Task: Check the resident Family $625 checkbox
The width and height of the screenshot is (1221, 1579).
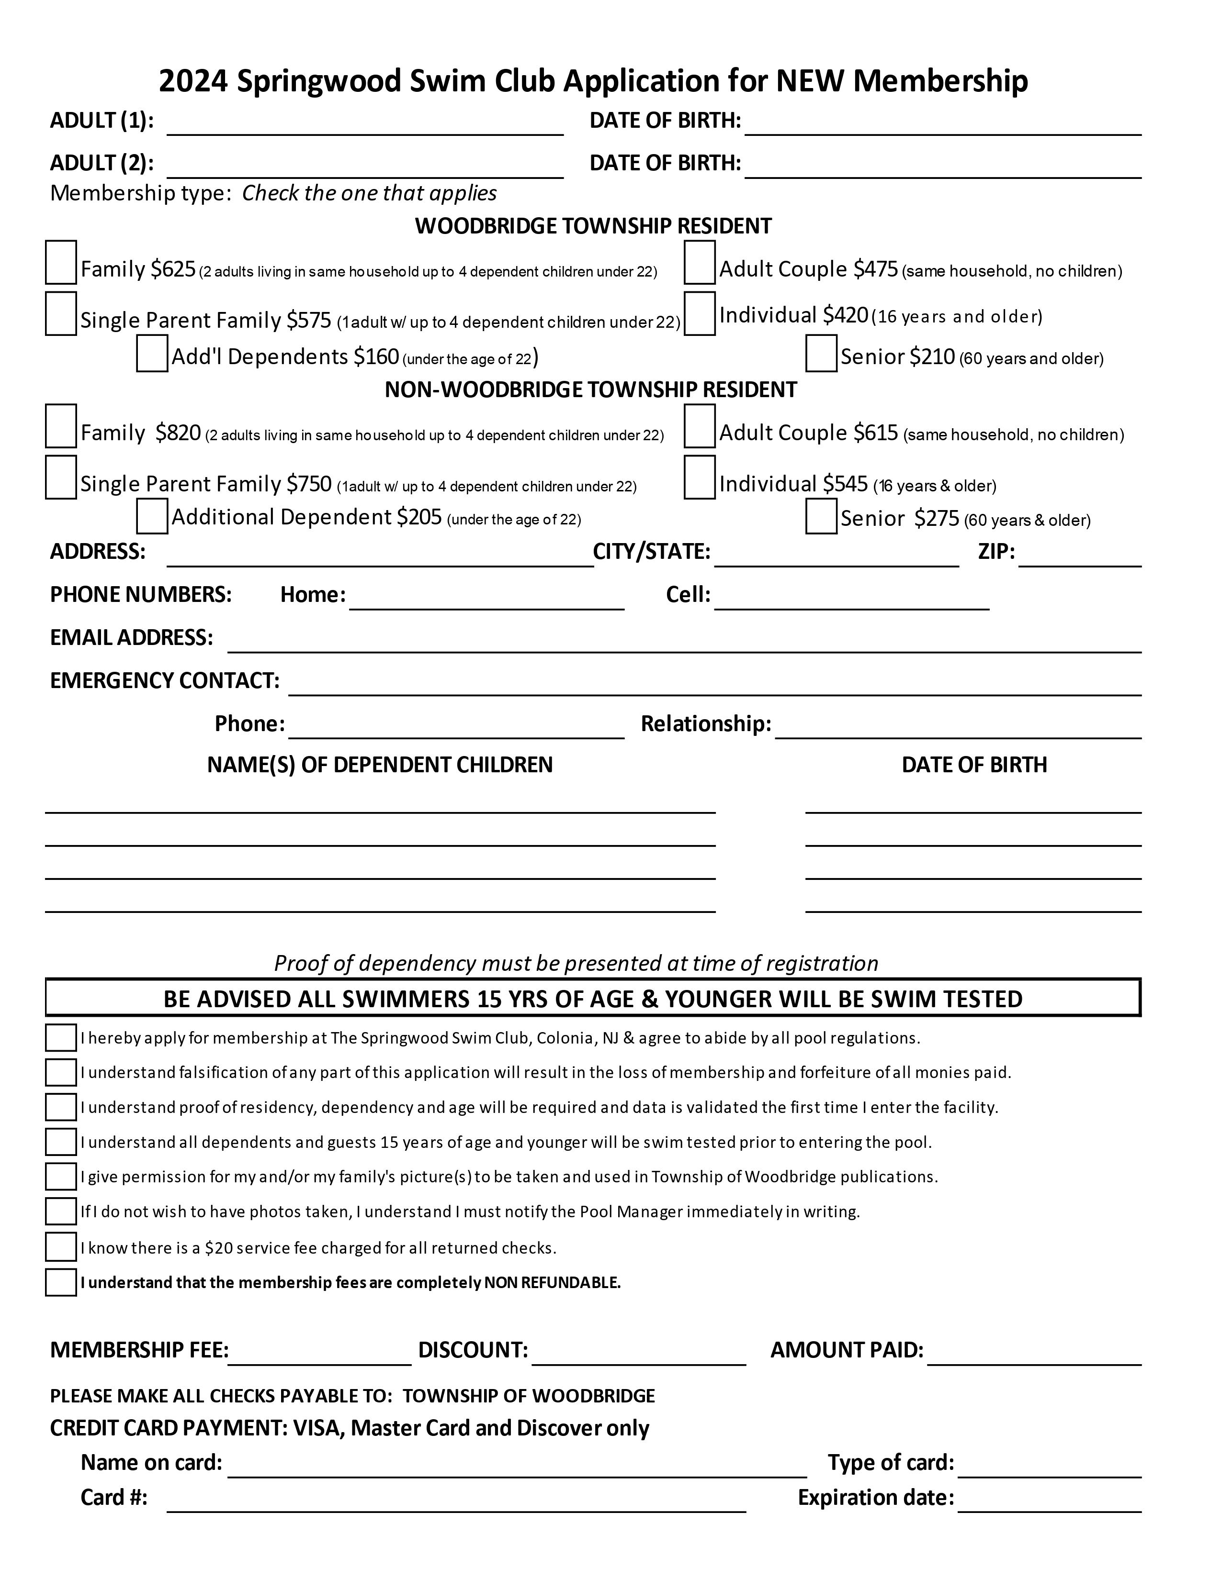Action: pos(61,262)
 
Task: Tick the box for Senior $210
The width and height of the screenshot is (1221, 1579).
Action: pos(821,354)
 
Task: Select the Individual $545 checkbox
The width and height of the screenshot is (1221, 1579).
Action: pos(700,477)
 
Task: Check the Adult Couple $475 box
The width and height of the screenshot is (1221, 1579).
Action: pos(700,262)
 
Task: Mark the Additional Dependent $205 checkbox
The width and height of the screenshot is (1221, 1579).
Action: pos(152,516)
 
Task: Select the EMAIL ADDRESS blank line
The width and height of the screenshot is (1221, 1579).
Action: pos(684,642)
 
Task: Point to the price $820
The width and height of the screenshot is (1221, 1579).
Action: pos(178,433)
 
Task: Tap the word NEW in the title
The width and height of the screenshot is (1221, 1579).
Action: pos(810,81)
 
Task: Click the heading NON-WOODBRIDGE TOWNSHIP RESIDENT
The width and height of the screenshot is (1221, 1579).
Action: pos(590,389)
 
